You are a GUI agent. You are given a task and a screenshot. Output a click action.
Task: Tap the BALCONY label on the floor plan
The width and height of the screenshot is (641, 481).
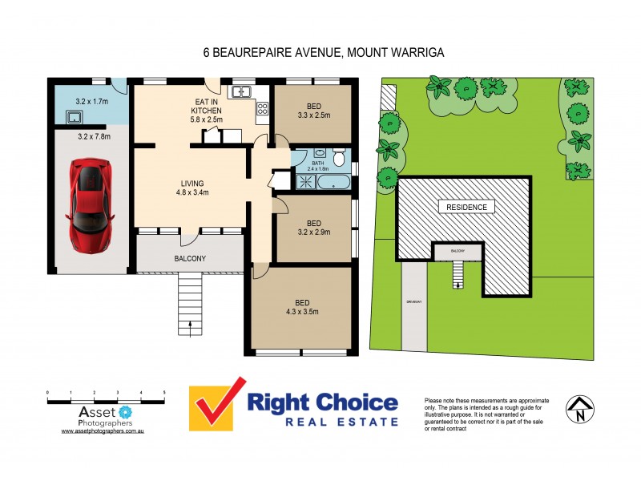click(190, 258)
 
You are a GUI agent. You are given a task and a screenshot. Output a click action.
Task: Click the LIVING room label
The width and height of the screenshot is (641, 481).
click(191, 181)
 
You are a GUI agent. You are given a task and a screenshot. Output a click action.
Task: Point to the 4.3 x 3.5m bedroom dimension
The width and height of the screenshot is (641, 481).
click(301, 313)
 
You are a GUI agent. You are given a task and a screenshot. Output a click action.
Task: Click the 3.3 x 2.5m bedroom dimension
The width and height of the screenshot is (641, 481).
click(313, 115)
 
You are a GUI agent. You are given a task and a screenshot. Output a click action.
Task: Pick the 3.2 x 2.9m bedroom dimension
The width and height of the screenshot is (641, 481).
click(313, 232)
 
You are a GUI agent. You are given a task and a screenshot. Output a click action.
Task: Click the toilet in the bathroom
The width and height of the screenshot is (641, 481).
click(339, 158)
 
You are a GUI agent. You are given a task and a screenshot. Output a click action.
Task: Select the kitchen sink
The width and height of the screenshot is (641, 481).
click(242, 92)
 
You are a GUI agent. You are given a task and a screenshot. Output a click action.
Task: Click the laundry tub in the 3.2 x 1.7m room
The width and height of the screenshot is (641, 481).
click(73, 118)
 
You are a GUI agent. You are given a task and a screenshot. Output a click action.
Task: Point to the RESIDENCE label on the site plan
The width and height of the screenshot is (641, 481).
click(466, 208)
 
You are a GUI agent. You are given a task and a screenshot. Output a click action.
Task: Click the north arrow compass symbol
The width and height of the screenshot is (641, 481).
click(578, 409)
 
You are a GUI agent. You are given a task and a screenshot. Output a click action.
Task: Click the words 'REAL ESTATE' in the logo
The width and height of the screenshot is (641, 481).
click(323, 422)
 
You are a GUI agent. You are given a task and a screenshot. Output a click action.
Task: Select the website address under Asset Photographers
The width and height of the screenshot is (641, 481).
click(102, 430)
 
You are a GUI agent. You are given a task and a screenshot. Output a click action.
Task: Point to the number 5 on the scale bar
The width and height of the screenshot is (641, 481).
click(164, 392)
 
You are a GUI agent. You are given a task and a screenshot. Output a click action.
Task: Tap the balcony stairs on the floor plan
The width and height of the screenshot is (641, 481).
click(190, 305)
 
